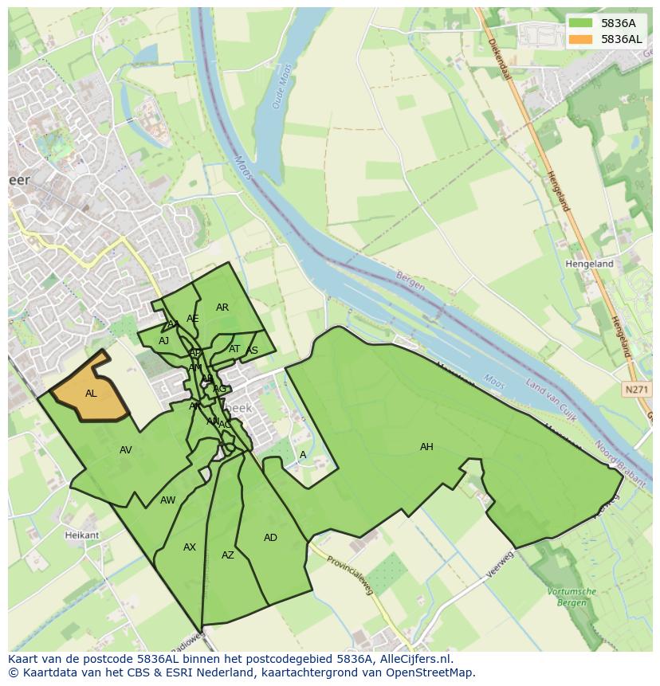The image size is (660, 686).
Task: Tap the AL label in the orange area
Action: [x=91, y=394]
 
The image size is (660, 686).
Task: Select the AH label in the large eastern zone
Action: [x=426, y=447]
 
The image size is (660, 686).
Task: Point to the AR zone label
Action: [x=222, y=308]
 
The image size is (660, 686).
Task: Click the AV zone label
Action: [x=125, y=450]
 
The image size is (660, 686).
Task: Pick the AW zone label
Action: [x=167, y=500]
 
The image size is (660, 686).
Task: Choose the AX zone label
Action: [x=190, y=547]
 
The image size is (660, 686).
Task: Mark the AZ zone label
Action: [x=228, y=555]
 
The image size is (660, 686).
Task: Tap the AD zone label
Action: [x=270, y=538]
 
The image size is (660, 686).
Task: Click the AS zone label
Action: [x=253, y=351]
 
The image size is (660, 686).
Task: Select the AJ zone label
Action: [x=164, y=341]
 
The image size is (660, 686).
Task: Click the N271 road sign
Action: [x=634, y=390]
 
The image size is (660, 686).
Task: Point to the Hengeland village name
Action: [x=589, y=264]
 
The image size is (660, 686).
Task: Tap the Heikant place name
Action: [x=81, y=535]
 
